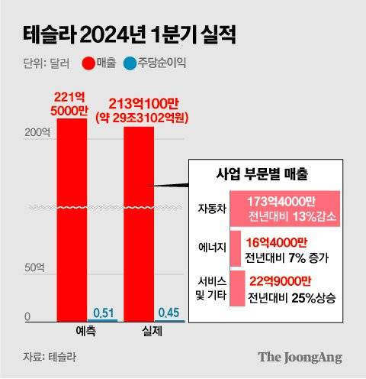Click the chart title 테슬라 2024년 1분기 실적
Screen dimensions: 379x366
[126, 35]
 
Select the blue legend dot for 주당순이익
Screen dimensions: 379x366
[130, 64]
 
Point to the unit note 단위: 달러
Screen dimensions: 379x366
[44, 64]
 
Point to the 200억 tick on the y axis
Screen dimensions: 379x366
[36, 132]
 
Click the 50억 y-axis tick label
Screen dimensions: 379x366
[34, 268]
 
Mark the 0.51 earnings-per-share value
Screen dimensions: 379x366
[103, 313]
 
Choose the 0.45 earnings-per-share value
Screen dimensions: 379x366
[169, 313]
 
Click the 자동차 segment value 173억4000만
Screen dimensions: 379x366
[281, 200]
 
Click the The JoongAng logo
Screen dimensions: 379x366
[300, 357]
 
